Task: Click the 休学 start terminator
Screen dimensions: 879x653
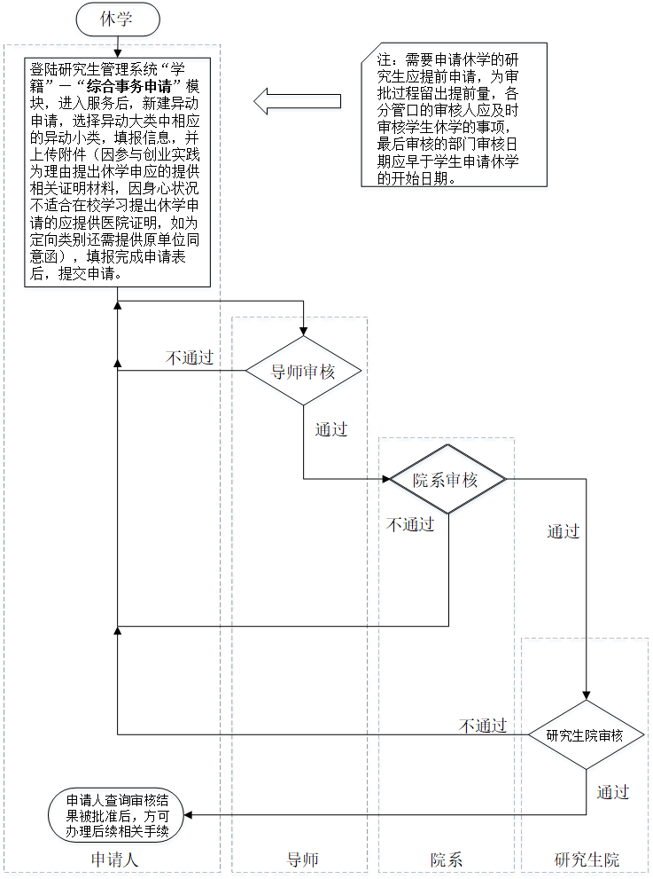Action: (117, 17)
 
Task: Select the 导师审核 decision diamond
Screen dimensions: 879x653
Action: (303, 371)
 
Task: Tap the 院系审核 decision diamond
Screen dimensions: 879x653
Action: (447, 480)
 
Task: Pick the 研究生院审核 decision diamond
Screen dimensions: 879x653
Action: (585, 735)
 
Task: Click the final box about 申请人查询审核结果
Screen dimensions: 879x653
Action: (117, 814)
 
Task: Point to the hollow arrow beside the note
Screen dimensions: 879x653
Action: (297, 101)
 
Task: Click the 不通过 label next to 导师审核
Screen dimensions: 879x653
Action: (190, 357)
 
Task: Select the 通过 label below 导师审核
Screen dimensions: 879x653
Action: (330, 430)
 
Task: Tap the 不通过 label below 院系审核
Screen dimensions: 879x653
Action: (410, 524)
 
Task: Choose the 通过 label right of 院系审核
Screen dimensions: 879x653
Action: (563, 531)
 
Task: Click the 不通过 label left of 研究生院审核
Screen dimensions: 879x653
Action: (483, 726)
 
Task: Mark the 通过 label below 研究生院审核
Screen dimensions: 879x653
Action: (612, 792)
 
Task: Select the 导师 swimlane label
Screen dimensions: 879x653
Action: (302, 859)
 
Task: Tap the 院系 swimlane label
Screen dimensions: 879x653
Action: (447, 859)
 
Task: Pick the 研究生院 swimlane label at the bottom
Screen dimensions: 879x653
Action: (587, 859)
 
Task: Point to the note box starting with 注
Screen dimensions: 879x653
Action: (453, 114)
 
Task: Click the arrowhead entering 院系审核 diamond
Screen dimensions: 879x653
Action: (385, 479)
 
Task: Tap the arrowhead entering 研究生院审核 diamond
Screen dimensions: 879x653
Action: (585, 696)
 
